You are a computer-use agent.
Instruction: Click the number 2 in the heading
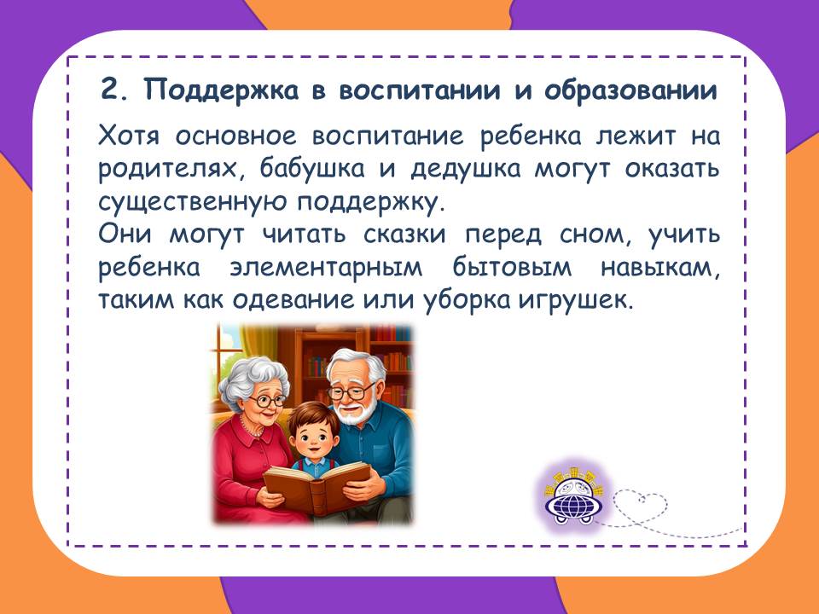pyautogui.click(x=110, y=90)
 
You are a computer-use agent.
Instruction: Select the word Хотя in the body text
pyautogui.click(x=129, y=136)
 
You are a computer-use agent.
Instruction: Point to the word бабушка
pyautogui.click(x=312, y=169)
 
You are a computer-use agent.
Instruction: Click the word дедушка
pyautogui.click(x=466, y=169)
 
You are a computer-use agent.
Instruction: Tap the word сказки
pyautogui.click(x=404, y=235)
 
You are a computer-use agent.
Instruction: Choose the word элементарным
pyautogui.click(x=326, y=268)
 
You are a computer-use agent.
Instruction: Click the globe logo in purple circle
pyautogui.click(x=573, y=498)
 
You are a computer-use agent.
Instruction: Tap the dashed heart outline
pyautogui.click(x=641, y=505)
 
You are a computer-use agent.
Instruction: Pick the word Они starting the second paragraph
pyautogui.click(x=125, y=235)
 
